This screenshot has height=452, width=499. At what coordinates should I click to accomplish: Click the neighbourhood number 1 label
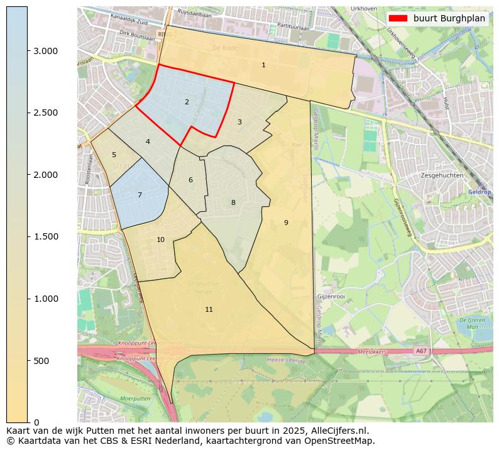(263, 65)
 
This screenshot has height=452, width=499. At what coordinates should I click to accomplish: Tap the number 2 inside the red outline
(187, 102)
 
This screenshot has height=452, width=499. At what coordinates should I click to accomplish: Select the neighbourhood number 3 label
(239, 122)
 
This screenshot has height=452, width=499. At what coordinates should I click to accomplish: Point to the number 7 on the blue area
(140, 196)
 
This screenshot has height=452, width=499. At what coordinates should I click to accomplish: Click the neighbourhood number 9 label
(286, 223)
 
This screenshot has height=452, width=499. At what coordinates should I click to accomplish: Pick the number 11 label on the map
(209, 309)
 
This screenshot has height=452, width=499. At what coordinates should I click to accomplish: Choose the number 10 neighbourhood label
(161, 240)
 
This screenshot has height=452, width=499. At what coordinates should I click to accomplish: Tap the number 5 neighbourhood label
(114, 155)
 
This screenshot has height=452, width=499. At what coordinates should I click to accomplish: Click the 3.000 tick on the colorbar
(45, 51)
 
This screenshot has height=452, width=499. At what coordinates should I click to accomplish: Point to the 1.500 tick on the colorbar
(45, 237)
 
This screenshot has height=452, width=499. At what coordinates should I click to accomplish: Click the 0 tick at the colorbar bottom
(36, 422)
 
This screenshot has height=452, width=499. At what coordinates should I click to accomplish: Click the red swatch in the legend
(398, 18)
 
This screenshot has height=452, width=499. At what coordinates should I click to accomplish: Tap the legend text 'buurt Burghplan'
(449, 18)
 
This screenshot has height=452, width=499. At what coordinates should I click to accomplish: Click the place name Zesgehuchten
(442, 175)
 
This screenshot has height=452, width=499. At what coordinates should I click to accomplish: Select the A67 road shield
(420, 351)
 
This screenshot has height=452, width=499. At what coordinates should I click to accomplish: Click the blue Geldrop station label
(478, 191)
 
